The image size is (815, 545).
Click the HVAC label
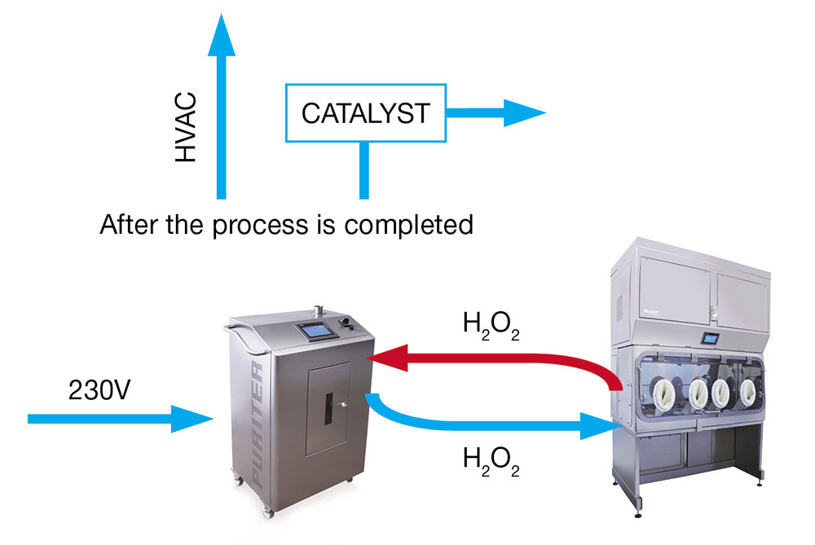point(187,134)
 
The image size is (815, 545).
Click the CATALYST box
point(365,113)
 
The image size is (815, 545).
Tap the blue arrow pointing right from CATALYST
point(497,113)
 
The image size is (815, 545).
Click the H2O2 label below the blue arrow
point(491,461)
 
